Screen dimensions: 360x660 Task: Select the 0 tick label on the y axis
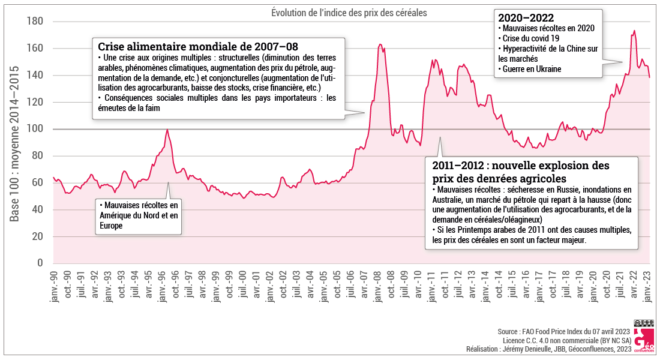pos(41,263)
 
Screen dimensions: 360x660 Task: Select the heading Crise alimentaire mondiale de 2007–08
pos(198,46)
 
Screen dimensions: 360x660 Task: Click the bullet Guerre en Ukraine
pos(531,69)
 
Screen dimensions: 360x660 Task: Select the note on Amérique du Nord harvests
pos(139,215)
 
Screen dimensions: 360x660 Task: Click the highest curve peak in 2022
pos(634,31)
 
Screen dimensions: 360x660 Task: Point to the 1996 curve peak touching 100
pos(167,130)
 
